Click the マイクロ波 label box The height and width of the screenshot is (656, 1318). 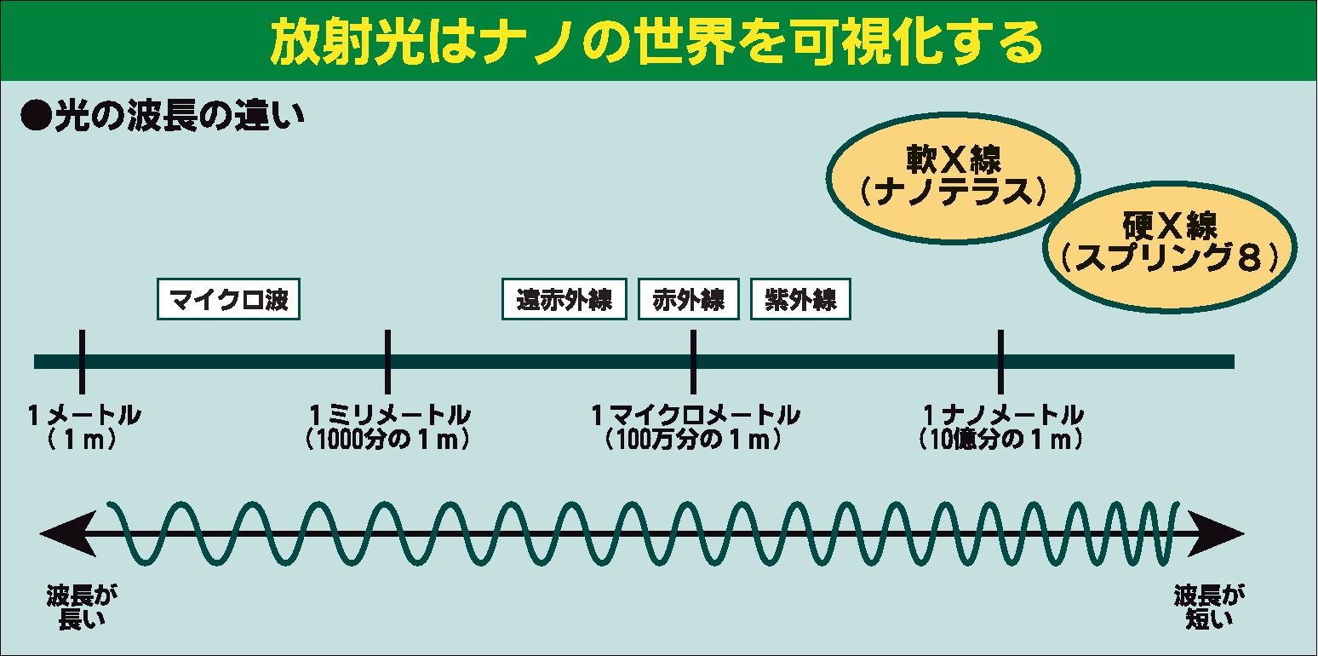pos(229,300)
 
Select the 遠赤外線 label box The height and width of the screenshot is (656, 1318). pos(564,300)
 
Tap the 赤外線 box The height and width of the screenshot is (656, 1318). pos(688,300)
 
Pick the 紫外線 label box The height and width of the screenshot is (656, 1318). pos(799,300)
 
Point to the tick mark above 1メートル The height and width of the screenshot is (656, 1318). pos(82,361)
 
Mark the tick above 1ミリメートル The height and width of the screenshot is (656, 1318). pos(387,361)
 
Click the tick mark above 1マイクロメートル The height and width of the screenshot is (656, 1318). pos(693,361)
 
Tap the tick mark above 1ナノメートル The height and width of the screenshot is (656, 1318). pos(1000,361)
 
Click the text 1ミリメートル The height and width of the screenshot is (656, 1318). pos(388,416)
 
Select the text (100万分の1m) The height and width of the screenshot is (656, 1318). pos(693,440)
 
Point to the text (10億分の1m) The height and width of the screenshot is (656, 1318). pos(1001,440)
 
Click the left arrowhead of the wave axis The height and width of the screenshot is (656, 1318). pos(54,535)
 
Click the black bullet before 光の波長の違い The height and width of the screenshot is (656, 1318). pos(35,117)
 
